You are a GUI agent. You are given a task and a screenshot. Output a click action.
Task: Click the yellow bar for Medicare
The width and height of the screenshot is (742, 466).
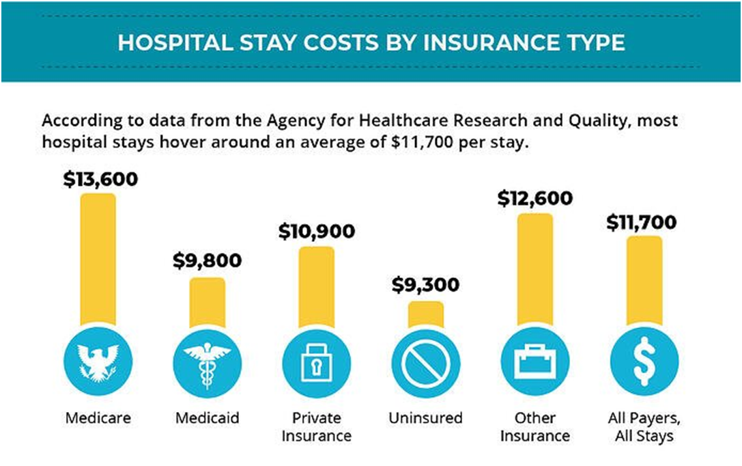point(98,260)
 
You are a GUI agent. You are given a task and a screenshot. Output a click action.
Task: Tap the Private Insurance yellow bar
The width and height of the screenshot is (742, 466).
point(316,287)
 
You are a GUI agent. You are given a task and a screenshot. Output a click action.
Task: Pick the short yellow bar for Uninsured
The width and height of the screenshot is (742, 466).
point(425,314)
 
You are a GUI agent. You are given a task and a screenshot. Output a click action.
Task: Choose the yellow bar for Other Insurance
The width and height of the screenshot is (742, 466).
point(534,270)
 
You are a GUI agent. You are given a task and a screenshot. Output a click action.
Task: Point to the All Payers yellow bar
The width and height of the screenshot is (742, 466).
point(644,280)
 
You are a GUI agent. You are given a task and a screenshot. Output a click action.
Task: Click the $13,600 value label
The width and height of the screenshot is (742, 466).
point(100,179)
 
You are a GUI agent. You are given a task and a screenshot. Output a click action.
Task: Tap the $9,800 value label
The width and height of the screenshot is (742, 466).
point(207,261)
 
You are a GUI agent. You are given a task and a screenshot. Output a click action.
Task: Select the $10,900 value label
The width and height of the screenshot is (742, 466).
point(317,231)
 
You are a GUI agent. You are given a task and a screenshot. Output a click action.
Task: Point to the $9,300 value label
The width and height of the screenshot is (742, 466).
point(425,286)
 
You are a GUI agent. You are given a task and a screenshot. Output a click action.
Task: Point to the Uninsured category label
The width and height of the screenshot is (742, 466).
point(425,417)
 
